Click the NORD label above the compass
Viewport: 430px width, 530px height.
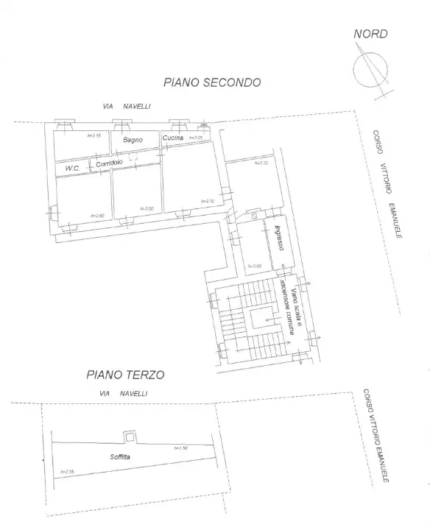[370, 34]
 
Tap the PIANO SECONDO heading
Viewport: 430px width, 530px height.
[212, 83]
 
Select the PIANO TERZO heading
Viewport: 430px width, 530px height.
[125, 375]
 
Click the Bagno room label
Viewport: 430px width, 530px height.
[133, 139]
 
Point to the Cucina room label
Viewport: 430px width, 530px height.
[172, 138]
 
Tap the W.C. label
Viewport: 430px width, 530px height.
[72, 168]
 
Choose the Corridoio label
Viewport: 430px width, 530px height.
[109, 164]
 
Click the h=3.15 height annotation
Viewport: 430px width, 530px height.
[94, 135]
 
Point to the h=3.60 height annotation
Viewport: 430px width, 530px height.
[97, 216]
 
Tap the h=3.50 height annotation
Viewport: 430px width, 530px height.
[145, 209]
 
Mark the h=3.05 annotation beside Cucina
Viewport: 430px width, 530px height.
[195, 138]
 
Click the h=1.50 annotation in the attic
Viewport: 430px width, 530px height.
[181, 448]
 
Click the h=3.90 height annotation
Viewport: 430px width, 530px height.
[255, 266]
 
